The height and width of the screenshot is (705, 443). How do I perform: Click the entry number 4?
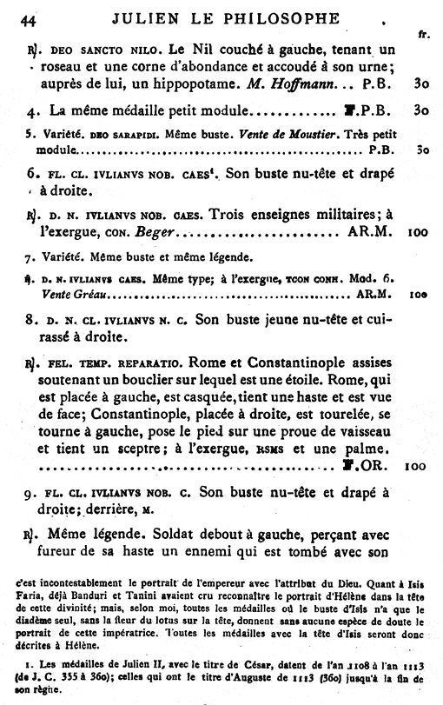30,112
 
